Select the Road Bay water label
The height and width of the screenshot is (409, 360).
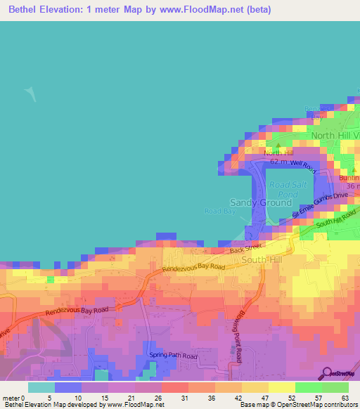pyautogui.click(x=217, y=211)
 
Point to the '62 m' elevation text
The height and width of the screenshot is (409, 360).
pyautogui.click(x=278, y=161)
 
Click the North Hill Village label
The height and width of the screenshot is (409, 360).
pyautogui.click(x=335, y=136)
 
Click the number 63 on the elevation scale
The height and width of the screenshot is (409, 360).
pyautogui.click(x=345, y=398)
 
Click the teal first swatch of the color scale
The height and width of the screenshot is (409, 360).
pyautogui.click(x=41, y=387)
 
